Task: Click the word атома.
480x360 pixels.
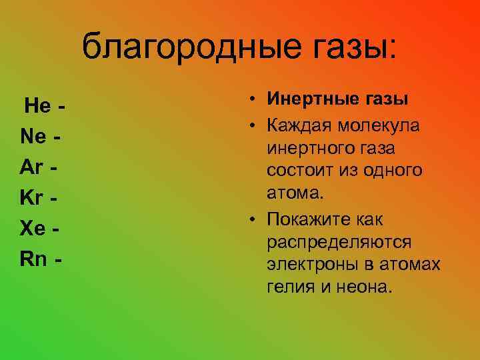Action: click(x=295, y=193)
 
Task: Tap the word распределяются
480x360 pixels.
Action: click(x=339, y=242)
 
